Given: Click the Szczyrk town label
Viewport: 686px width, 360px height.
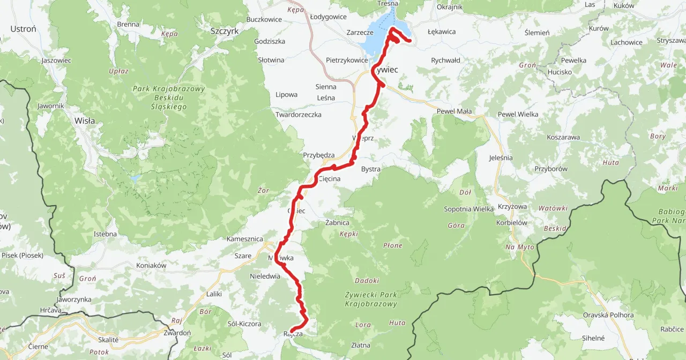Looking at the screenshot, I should [225, 31].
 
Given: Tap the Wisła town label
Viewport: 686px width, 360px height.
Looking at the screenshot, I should [85, 121].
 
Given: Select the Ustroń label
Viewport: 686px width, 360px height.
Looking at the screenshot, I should [23, 29].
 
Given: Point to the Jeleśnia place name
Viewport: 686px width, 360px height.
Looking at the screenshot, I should [501, 158].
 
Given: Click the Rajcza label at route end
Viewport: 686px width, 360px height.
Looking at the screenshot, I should [293, 334].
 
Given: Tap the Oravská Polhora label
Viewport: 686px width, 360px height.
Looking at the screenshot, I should [608, 315].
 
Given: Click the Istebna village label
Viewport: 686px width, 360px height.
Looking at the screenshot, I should [105, 234].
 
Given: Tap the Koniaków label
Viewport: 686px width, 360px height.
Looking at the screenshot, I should [152, 265].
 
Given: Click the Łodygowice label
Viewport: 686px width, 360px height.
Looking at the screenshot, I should [328, 17].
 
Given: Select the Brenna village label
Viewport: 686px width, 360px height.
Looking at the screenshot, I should [128, 24].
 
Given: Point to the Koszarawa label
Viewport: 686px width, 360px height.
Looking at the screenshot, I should [563, 137].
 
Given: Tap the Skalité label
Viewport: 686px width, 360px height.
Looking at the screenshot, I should [108, 340].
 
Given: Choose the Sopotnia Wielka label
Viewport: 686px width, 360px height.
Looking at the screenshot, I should [468, 209].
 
